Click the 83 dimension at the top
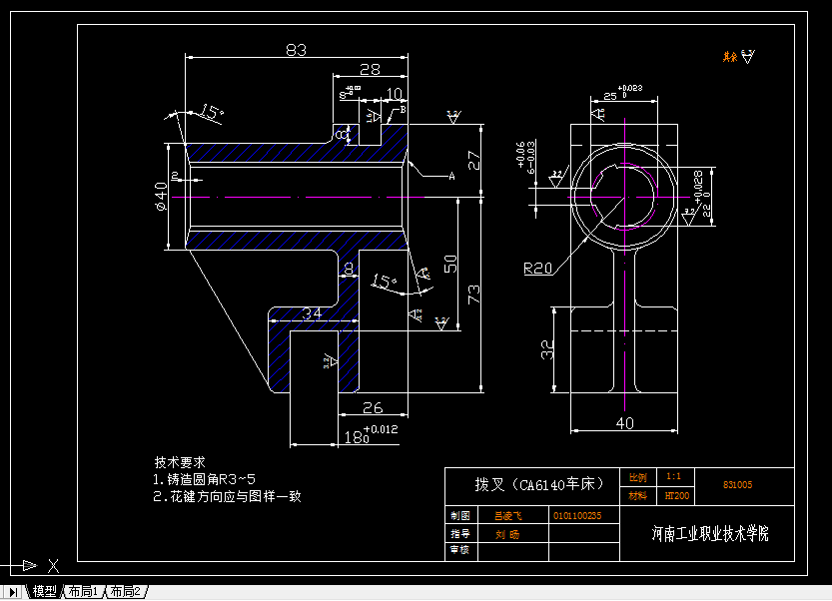pyautogui.click(x=296, y=49)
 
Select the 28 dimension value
pyautogui.click(x=370, y=69)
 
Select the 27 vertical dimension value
pyautogui.click(x=474, y=159)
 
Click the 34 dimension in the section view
pyautogui.click(x=313, y=312)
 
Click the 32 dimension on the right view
pyautogui.click(x=547, y=349)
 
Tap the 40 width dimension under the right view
pyautogui.click(x=624, y=423)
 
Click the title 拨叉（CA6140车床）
pyautogui.click(x=539, y=484)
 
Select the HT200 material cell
pyautogui.click(x=676, y=495)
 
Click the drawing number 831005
pyautogui.click(x=737, y=485)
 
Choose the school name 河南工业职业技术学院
pyautogui.click(x=709, y=533)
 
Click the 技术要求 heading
pyautogui.click(x=180, y=462)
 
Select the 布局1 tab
pyautogui.click(x=84, y=592)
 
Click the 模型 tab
pyautogui.click(x=44, y=592)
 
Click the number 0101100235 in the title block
pyautogui.click(x=576, y=516)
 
